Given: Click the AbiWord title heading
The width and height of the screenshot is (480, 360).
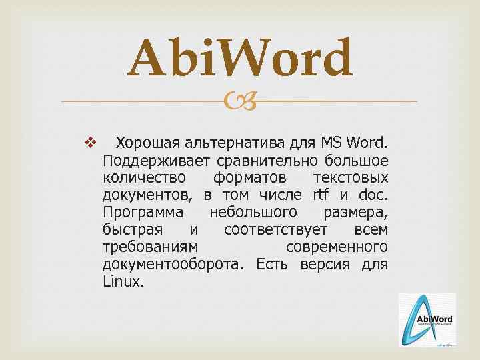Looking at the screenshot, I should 240,58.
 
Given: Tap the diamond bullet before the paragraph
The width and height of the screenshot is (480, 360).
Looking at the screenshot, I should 91,143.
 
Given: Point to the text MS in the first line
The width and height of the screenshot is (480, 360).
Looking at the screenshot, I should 331,143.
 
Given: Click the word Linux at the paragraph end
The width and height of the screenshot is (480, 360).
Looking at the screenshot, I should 123,281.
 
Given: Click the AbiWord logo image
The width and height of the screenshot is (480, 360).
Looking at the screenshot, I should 427,320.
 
